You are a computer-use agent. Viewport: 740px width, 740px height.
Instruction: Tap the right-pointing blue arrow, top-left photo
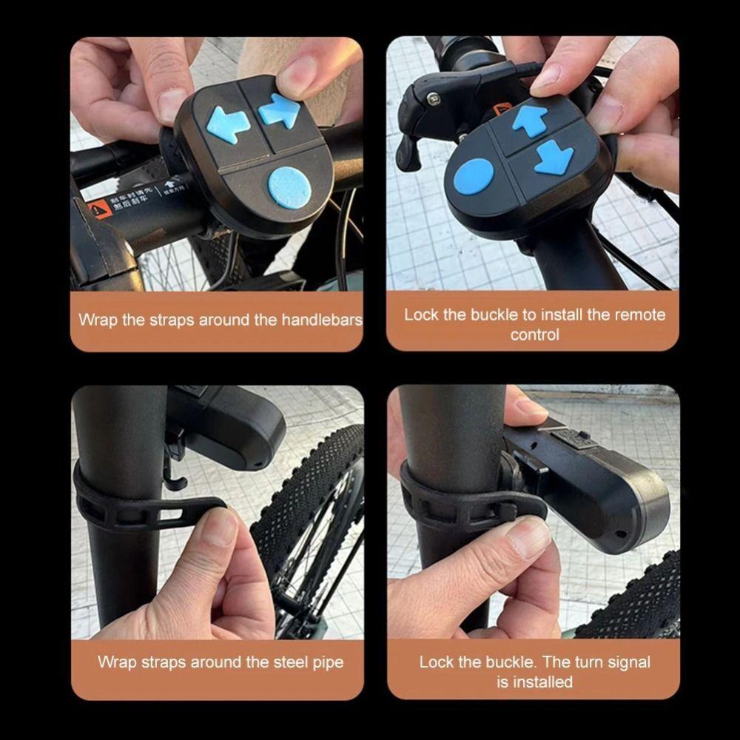click(280, 111)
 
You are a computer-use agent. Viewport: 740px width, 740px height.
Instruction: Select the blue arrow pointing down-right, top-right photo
click(555, 157)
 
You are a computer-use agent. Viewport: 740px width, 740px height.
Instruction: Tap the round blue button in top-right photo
click(474, 177)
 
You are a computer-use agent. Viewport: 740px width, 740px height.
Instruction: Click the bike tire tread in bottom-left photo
click(311, 488)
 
